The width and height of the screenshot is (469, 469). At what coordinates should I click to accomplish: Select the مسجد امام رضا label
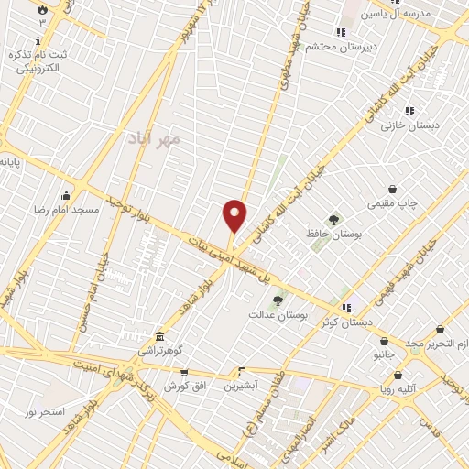pyautogui.click(x=66, y=210)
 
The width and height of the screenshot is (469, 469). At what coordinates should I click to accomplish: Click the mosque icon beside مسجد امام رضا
pyautogui.click(x=66, y=194)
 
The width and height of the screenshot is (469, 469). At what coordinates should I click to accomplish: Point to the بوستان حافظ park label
pyautogui.click(x=333, y=234)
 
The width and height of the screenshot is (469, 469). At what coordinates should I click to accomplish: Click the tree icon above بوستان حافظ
pyautogui.click(x=333, y=220)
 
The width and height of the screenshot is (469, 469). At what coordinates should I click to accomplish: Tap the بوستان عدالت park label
pyautogui.click(x=276, y=314)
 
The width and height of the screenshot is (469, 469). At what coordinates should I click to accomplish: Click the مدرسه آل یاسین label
pyautogui.click(x=397, y=13)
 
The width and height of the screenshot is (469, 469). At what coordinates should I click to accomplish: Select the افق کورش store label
pyautogui.click(x=186, y=387)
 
